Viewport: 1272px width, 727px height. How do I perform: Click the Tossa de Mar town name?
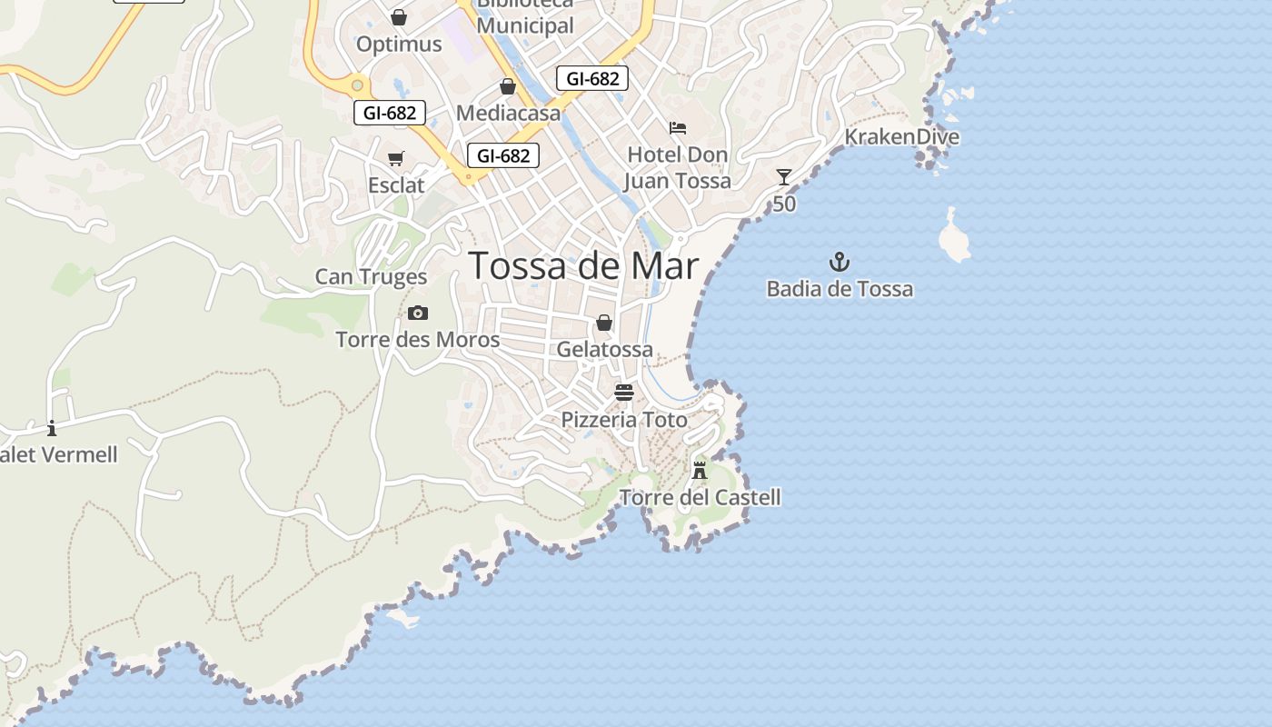point(583,265)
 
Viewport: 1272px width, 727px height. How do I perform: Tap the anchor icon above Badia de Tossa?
point(839,264)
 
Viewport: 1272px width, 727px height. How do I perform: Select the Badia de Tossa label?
point(840,289)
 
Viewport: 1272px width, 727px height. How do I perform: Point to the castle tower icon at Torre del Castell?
point(700,471)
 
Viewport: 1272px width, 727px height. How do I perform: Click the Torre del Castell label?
point(700,497)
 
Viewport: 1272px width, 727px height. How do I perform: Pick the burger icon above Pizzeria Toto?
point(623,393)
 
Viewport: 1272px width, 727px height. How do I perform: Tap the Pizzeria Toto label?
point(624,420)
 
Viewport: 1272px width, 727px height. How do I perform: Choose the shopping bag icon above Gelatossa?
point(604,323)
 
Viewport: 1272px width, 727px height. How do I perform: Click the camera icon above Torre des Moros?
point(418,314)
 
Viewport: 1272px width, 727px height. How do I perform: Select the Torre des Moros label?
point(418,340)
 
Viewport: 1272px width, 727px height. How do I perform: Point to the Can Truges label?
point(371,276)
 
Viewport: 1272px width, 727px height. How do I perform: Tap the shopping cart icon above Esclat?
point(396,159)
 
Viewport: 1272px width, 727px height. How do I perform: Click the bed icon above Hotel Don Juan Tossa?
point(678,128)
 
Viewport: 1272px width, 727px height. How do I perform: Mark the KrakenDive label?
point(901,137)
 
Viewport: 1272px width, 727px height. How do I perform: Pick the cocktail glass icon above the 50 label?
point(784,177)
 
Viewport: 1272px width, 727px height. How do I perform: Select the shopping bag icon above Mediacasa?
point(508,86)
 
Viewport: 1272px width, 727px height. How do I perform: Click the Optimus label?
point(399,44)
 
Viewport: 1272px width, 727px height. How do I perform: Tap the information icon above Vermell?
point(52,428)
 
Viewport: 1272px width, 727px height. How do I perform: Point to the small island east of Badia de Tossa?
point(954,237)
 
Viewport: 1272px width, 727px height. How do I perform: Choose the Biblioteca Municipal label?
point(525,18)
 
